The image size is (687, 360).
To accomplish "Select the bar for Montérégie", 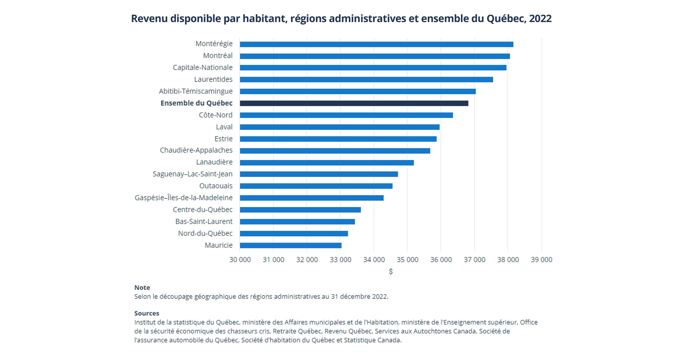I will tap(376, 44).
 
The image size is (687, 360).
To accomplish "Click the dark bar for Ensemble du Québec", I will tap(354, 103).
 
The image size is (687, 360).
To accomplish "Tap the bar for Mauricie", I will tap(290, 245).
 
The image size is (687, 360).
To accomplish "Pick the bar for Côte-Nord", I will tap(346, 115).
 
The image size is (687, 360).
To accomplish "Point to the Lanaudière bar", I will tap(327, 162).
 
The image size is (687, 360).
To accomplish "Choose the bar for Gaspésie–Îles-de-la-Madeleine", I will tap(311, 198).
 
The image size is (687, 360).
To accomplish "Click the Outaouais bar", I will tap(316, 186).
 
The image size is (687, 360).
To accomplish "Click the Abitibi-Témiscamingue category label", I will tap(195, 91).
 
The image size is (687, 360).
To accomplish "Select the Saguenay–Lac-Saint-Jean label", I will tap(192, 174).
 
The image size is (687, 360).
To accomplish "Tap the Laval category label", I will tap(224, 127).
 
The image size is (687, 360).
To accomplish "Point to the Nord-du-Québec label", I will tap(205, 233).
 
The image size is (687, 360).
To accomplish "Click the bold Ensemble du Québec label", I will tap(196, 103).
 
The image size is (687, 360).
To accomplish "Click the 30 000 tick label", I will tap(240, 259).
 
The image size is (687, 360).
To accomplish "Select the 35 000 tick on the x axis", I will tap(407, 259).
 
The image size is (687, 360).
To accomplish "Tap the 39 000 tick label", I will tap(541, 259).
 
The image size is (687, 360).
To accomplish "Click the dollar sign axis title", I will tap(391, 271).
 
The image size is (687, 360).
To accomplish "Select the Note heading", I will tap(142, 287).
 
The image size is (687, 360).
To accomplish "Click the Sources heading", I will tap(147, 313).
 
